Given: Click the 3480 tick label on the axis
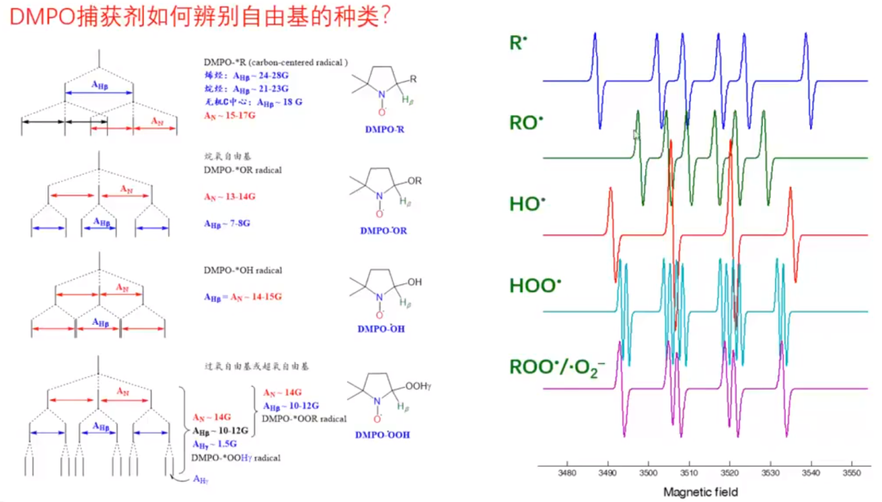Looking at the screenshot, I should coord(566,474).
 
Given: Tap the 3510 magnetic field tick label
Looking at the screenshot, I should coord(688,474).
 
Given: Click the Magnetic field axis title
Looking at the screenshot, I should coord(700,491).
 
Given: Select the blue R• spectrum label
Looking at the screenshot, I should coord(516,42).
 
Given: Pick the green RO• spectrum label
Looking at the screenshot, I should coord(525,123).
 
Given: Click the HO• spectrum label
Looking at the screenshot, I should coord(525,203).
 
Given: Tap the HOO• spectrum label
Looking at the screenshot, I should coord(535,286).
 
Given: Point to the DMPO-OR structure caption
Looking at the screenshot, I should coord(383,231).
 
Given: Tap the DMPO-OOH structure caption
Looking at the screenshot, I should coord(384,435).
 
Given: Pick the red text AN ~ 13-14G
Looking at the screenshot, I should coord(229,197).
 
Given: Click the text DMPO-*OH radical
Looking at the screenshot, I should coord(243,270).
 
